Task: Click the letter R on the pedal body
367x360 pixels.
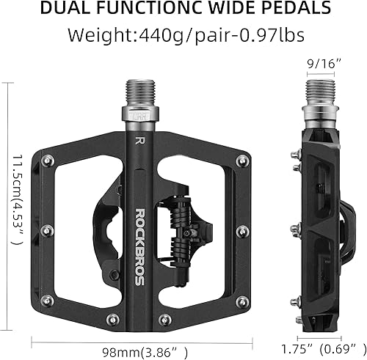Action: tap(139, 139)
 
